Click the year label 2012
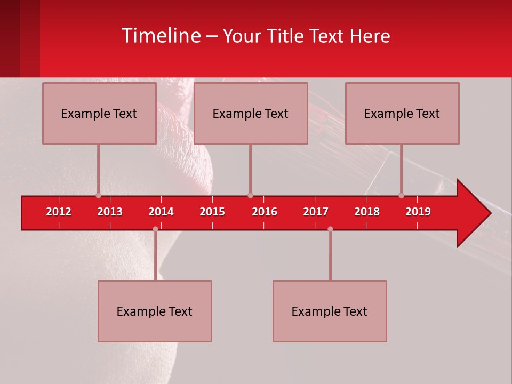59,212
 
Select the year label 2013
110,212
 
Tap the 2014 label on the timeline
161,212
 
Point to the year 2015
212,212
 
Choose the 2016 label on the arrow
265,212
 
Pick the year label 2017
316,212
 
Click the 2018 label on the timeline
367,212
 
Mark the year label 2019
418,212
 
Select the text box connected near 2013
99,113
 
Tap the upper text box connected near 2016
250,113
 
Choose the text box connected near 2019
402,113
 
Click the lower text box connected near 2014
155,311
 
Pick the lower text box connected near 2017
330,311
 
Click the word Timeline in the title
161,36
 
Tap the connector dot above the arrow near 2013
98,195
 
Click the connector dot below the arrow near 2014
155,229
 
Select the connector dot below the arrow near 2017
330,229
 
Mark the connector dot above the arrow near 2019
401,195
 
